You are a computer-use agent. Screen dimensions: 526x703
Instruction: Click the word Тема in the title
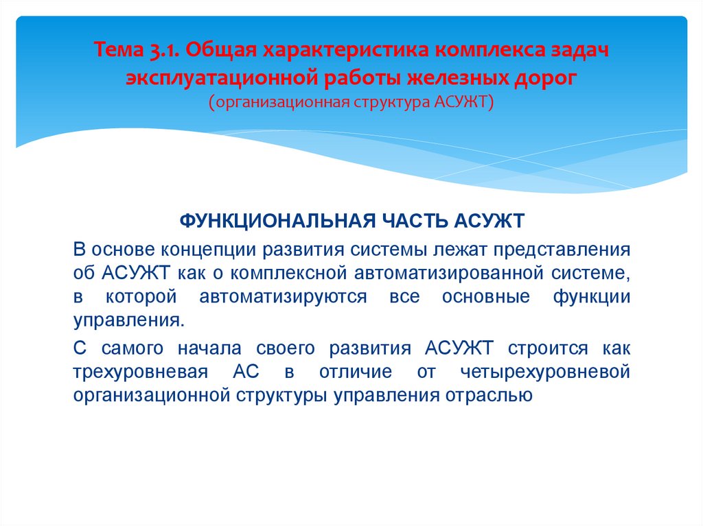pos(117,50)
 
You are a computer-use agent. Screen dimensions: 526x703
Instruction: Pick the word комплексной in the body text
pos(287,273)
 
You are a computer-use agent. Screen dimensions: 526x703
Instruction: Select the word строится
pos(549,348)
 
